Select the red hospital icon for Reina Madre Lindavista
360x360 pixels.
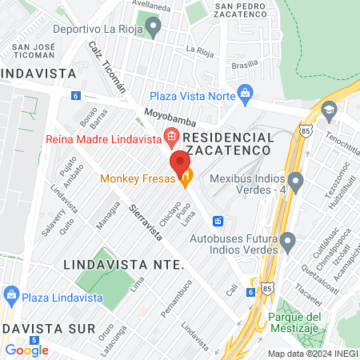point(170,136)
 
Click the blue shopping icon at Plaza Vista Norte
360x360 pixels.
point(246,93)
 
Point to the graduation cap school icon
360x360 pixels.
point(328,109)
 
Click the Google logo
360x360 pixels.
point(26,350)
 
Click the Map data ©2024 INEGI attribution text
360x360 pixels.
point(312,353)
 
